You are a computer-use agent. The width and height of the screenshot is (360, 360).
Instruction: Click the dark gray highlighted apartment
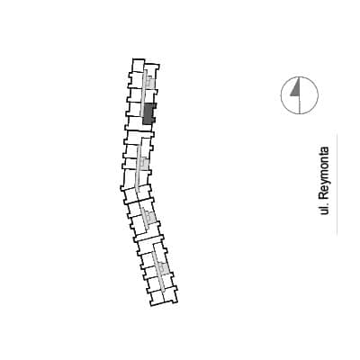click(x=148, y=114)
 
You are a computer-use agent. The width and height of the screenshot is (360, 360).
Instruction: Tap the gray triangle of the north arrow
click(x=296, y=88)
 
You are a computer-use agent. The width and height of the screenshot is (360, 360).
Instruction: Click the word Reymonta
click(x=324, y=173)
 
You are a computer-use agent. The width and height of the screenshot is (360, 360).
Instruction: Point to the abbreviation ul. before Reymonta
click(x=324, y=209)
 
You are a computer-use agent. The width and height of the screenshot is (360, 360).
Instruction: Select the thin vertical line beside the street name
click(x=337, y=184)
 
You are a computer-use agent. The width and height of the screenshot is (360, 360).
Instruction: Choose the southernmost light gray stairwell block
click(x=163, y=268)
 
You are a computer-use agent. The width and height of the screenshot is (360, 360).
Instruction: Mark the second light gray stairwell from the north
click(x=145, y=164)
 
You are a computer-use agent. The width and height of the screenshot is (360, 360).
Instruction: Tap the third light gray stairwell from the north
click(x=150, y=215)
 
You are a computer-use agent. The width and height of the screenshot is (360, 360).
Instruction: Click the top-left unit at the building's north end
click(x=139, y=66)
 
